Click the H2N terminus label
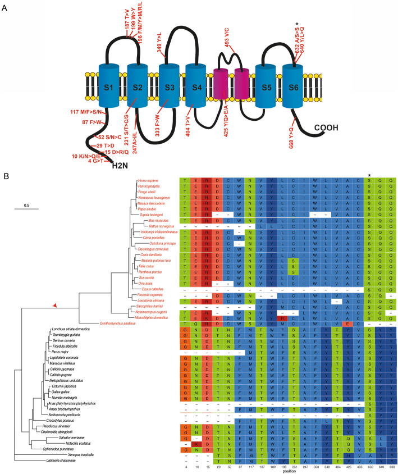(x=122, y=166)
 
